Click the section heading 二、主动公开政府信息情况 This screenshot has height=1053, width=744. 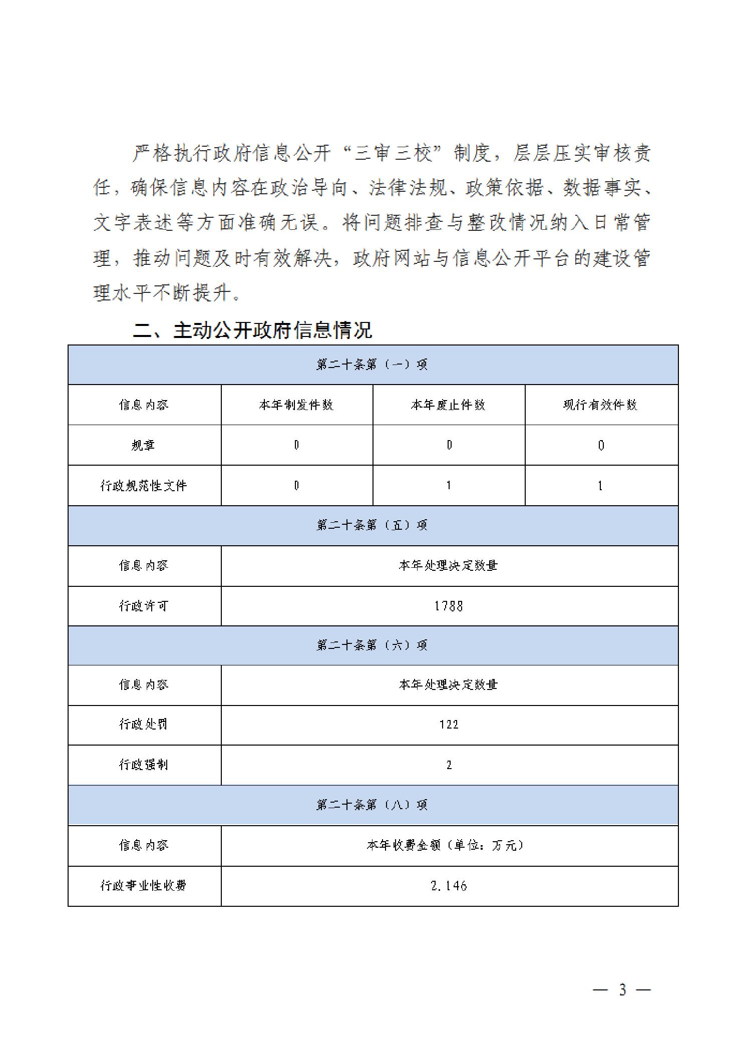click(x=252, y=330)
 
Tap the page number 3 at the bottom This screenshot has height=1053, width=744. click(x=622, y=989)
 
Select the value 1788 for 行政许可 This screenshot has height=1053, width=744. click(x=449, y=606)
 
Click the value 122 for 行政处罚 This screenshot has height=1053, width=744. click(x=449, y=725)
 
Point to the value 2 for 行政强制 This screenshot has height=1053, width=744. click(x=449, y=765)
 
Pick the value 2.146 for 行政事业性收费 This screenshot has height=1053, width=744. click(x=449, y=886)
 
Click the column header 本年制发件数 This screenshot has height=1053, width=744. click(x=296, y=405)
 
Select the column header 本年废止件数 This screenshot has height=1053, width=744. click(x=448, y=405)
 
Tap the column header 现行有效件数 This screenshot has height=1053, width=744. click(x=600, y=405)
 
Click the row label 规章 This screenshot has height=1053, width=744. click(x=144, y=445)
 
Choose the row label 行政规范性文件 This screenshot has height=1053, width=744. click(x=144, y=485)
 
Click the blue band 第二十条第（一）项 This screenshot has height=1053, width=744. click(x=372, y=365)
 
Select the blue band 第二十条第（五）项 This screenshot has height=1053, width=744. click(x=372, y=525)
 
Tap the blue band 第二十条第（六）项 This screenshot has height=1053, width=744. click(x=372, y=645)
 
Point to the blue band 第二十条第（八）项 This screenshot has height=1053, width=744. click(x=372, y=805)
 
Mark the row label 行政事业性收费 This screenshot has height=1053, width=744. click(x=144, y=886)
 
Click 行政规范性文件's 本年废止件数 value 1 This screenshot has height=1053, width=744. click(x=449, y=485)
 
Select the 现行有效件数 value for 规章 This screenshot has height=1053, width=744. click(x=601, y=445)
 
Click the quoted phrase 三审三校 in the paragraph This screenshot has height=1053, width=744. click(x=393, y=153)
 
